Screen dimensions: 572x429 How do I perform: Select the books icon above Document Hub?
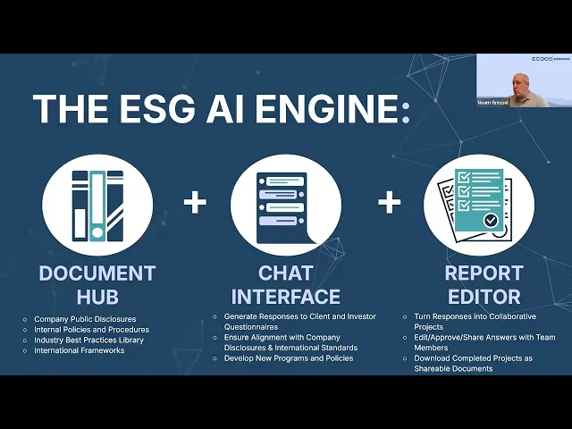pyautogui.click(x=97, y=205)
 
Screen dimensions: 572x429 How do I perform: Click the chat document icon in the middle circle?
pyautogui.click(x=285, y=205)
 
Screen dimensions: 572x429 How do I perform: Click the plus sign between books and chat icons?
pyautogui.click(x=196, y=202)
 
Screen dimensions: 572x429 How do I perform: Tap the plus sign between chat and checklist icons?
pyautogui.click(x=389, y=202)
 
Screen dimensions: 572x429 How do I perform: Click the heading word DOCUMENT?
pyautogui.click(x=97, y=273)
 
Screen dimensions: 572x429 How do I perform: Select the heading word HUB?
pyautogui.click(x=97, y=296)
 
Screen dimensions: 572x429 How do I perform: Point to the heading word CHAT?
pyautogui.click(x=285, y=273)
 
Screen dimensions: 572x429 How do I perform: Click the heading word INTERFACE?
pyautogui.click(x=285, y=296)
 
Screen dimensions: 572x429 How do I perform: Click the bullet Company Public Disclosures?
pyautogui.click(x=84, y=319)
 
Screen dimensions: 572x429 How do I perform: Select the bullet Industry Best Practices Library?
pyautogui.click(x=88, y=340)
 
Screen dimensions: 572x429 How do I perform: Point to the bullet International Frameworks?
pyautogui.click(x=80, y=350)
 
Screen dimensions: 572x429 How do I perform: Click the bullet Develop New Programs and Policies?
pyautogui.click(x=288, y=357)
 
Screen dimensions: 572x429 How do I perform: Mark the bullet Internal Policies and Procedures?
pyautogui.click(x=91, y=330)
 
